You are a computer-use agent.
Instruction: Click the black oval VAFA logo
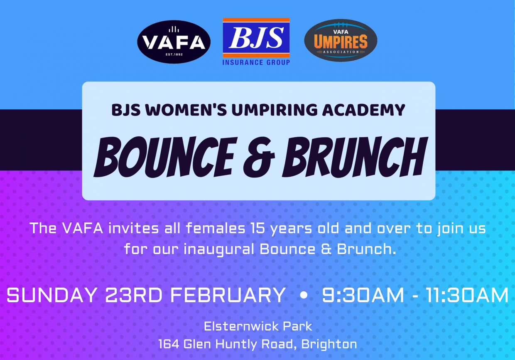(x=174, y=42)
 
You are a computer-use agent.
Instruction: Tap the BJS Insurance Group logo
(x=256, y=42)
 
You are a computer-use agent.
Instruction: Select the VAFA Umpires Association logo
(x=341, y=40)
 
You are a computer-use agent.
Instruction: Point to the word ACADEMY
(x=363, y=110)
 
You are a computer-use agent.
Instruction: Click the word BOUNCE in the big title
(x=165, y=157)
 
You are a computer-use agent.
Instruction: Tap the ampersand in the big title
(x=259, y=158)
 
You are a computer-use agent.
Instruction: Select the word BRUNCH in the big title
(x=355, y=157)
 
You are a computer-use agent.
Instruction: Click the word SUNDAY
(x=52, y=295)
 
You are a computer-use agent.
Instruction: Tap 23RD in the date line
(x=134, y=295)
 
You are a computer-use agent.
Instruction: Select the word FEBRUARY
(x=228, y=295)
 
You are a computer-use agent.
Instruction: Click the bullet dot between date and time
(x=304, y=295)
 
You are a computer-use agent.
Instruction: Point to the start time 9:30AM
(x=363, y=295)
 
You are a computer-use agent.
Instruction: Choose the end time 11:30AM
(x=467, y=295)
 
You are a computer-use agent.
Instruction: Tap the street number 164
(x=169, y=344)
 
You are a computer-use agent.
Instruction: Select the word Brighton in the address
(x=329, y=345)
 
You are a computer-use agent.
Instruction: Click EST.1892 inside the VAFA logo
(x=174, y=54)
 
